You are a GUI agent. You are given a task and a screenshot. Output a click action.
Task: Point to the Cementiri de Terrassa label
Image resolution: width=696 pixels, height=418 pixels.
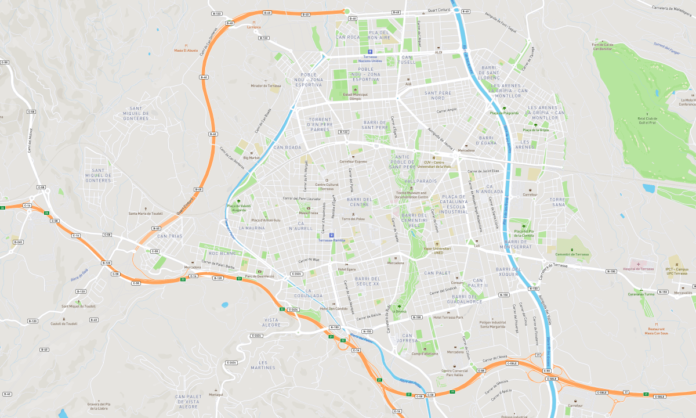572,254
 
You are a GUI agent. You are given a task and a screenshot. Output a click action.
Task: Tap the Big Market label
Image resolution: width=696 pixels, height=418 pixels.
252,157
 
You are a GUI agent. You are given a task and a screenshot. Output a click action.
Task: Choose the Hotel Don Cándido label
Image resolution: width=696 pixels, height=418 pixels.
334,308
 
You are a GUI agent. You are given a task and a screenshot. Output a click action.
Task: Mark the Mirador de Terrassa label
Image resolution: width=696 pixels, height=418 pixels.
266,85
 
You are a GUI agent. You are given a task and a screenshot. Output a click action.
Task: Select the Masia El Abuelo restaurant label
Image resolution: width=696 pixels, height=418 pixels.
186,51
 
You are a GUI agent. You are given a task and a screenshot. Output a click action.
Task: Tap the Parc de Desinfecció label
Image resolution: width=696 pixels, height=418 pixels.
259,276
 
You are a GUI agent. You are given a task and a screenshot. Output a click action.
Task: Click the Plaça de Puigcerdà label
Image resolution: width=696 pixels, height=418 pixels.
504,113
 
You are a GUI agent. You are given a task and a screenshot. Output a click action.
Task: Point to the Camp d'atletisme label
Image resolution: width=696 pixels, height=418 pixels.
425,354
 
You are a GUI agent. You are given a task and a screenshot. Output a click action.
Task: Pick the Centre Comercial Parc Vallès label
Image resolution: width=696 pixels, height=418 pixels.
455,373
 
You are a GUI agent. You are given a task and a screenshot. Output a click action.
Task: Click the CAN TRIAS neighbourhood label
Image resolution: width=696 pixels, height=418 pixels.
170,236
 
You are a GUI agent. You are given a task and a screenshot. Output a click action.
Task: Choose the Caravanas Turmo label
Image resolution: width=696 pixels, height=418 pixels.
641,294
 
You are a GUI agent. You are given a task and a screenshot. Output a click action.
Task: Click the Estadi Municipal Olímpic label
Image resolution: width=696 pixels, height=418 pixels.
355,96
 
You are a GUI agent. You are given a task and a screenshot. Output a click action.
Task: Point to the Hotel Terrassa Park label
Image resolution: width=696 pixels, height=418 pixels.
448,317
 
